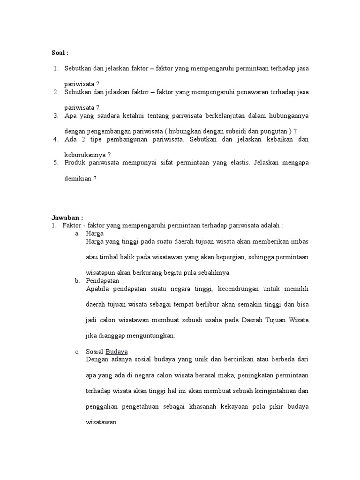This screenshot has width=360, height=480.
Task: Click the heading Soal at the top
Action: [60, 52]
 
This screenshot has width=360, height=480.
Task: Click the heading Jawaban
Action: [67, 218]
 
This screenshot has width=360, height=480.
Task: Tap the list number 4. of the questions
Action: [55, 139]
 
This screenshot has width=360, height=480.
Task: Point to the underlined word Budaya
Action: [117, 352]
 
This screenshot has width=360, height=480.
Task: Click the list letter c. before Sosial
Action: [77, 352]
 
